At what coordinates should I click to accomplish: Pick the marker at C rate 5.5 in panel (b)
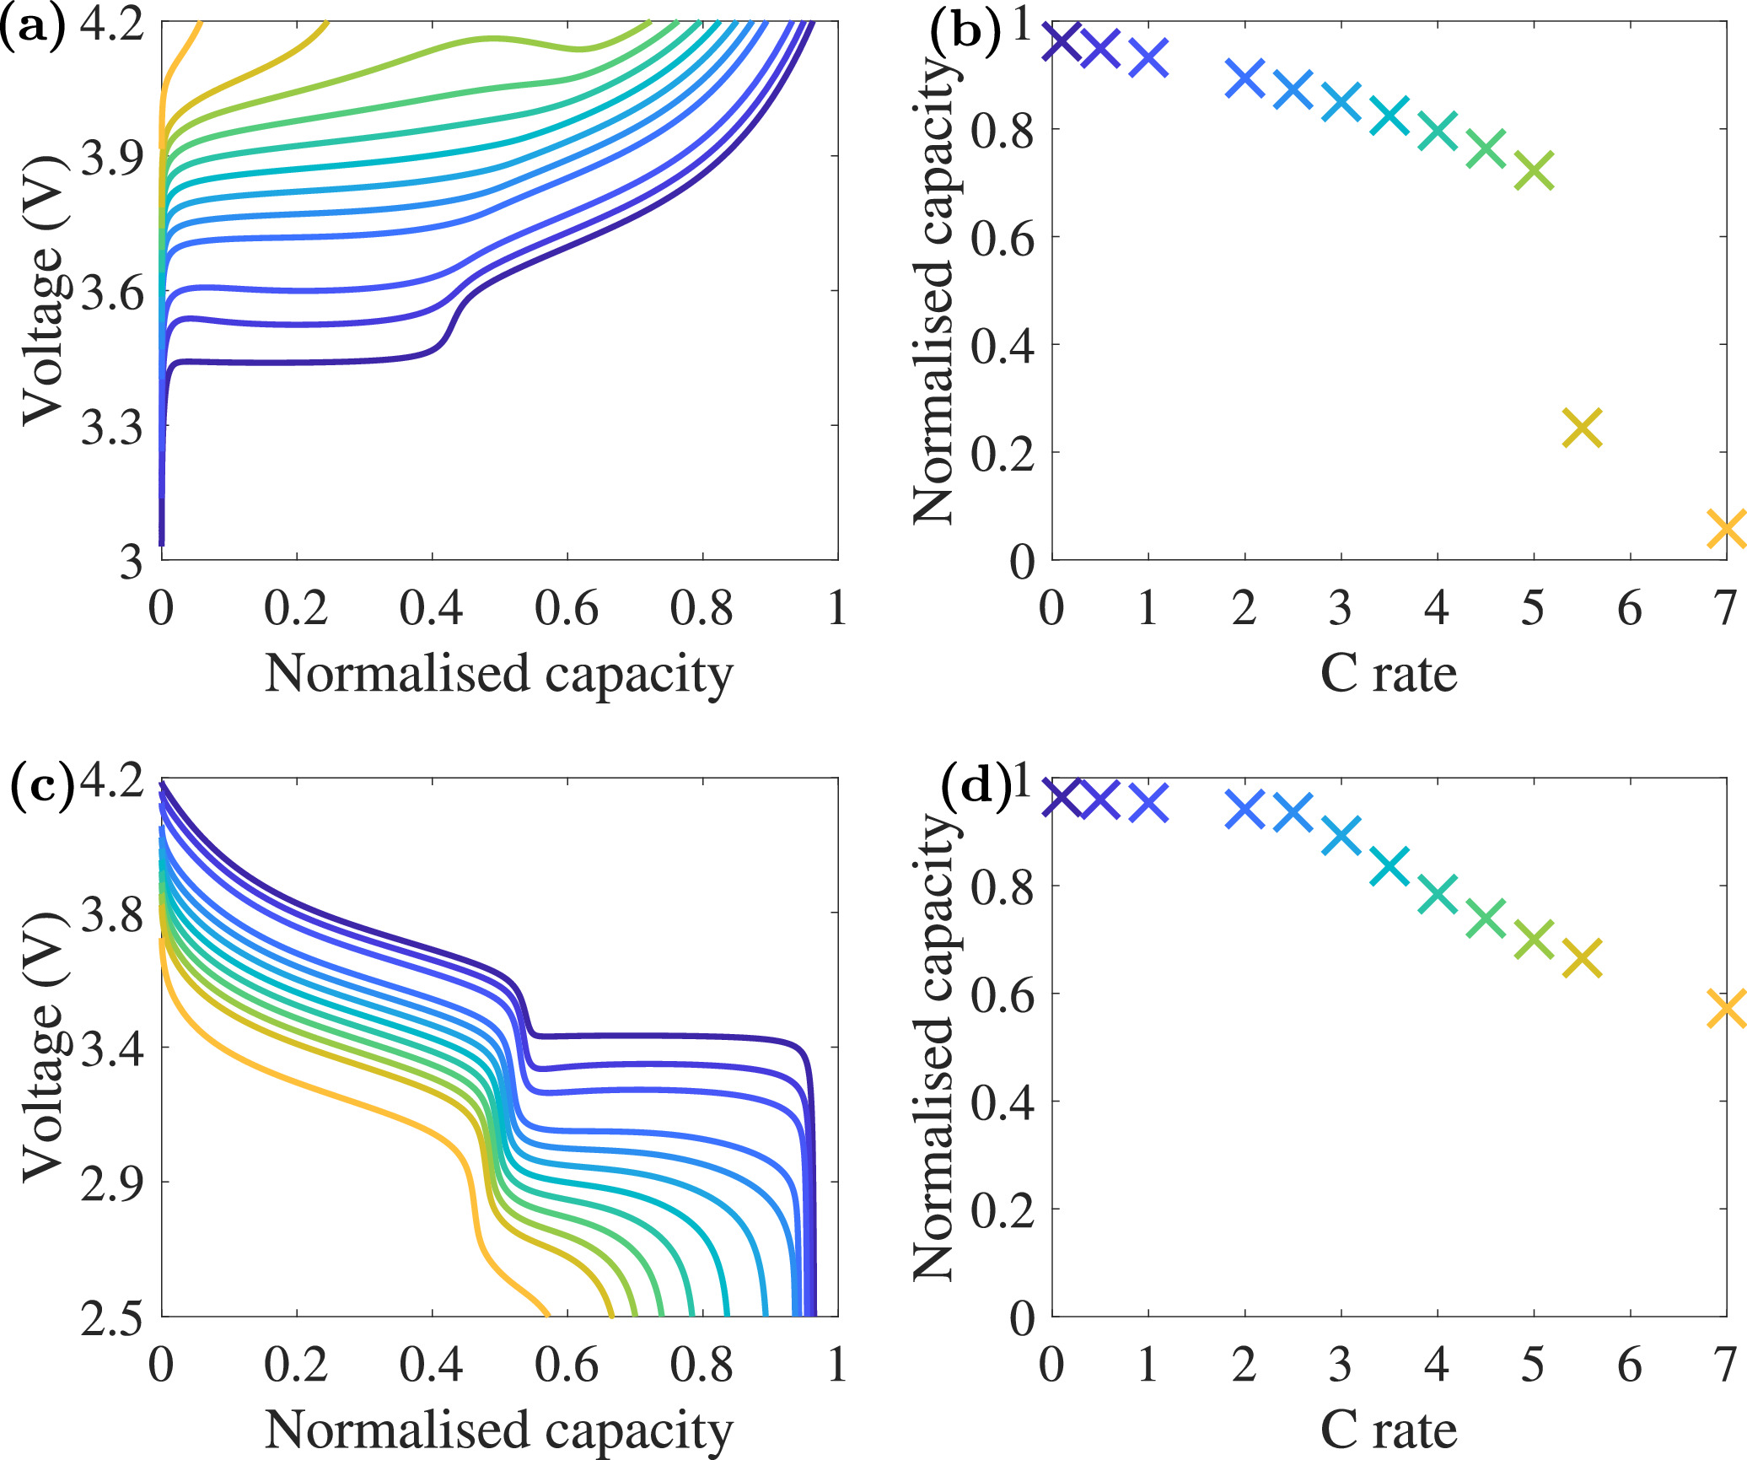[x=1582, y=428]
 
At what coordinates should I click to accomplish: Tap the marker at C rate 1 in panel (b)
[x=1148, y=57]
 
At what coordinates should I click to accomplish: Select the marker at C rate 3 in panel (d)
[x=1341, y=835]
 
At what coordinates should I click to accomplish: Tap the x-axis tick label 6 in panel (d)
[x=1629, y=1364]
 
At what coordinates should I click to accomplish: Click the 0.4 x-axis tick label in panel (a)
[x=431, y=608]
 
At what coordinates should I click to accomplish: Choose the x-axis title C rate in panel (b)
[x=1388, y=674]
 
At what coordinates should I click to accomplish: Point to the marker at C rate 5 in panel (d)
[x=1534, y=939]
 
